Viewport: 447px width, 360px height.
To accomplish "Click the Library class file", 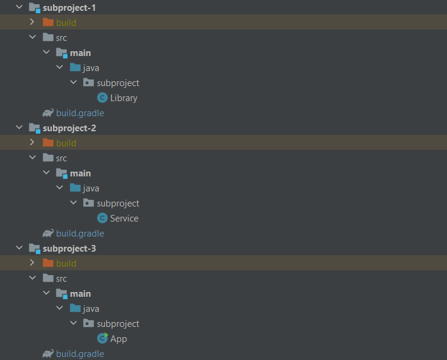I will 123,98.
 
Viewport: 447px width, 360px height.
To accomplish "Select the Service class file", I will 124,219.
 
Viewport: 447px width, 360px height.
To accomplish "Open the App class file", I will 119,339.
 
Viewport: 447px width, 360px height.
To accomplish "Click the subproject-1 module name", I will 69,8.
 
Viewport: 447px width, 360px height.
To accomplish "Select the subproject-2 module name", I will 69,128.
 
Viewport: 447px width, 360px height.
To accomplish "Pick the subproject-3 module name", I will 69,249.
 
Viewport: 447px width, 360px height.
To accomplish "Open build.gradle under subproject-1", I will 80,113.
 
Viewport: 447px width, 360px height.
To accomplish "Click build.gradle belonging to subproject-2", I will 80,234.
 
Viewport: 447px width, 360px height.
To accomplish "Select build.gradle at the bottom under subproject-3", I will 80,354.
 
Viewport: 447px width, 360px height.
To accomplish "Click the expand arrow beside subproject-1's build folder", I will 33,23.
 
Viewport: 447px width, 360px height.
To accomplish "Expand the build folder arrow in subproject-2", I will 33,143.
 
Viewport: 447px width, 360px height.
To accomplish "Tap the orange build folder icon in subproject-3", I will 48,264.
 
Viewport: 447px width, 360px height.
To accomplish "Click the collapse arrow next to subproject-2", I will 19,128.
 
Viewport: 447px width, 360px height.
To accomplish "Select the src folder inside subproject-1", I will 61,38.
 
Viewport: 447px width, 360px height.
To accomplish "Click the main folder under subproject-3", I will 80,294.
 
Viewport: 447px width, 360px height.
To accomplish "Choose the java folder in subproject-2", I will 91,188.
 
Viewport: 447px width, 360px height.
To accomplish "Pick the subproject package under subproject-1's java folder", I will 117,83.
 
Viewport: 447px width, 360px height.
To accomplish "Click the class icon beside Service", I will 102,219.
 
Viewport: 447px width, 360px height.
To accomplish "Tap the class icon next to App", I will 102,339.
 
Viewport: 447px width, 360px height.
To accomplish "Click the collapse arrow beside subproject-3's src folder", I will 33,279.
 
